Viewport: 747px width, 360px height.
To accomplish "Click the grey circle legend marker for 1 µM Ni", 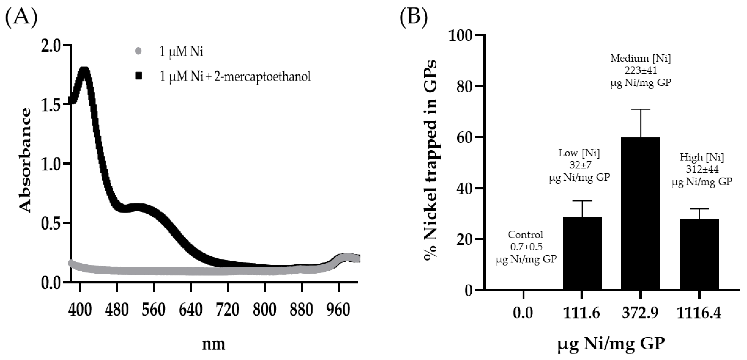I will (139, 52).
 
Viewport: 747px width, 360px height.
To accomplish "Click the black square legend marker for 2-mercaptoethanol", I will (139, 76).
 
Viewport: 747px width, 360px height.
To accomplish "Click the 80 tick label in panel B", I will (464, 86).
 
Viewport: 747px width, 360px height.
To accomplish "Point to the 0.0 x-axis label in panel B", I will (523, 313).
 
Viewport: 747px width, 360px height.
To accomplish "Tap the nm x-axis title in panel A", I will (213, 344).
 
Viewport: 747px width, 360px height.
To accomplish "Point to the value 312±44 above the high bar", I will (702, 169).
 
